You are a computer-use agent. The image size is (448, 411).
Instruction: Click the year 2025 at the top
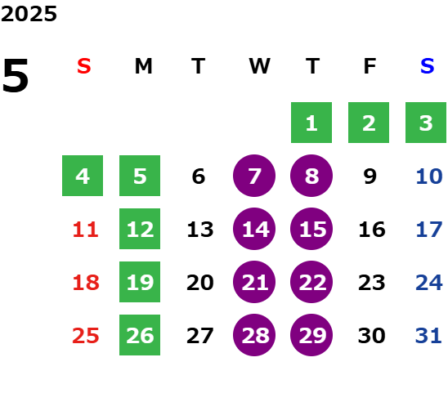[29, 14]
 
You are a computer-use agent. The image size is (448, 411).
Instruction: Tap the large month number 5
[16, 75]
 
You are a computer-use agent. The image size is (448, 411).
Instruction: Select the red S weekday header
[84, 66]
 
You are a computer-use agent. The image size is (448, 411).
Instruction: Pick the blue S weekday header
[427, 66]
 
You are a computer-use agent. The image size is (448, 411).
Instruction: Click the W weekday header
[259, 66]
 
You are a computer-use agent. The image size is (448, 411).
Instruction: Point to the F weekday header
[370, 66]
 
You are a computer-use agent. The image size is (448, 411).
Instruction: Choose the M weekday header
[143, 66]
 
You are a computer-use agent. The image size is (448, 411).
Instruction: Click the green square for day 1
[311, 123]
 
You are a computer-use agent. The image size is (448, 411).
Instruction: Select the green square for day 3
[426, 123]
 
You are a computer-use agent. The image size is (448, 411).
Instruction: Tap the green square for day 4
[83, 176]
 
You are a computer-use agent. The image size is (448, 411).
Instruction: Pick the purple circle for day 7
[254, 176]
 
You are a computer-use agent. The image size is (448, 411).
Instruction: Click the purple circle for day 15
[311, 229]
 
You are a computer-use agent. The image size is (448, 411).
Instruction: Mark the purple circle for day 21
[254, 282]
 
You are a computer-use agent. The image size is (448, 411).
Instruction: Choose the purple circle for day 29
[311, 335]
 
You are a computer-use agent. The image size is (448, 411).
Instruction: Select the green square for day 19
[140, 282]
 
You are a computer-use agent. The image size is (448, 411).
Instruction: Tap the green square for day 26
[140, 335]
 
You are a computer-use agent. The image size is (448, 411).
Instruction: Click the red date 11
[85, 230]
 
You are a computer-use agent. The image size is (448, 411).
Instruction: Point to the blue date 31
[428, 336]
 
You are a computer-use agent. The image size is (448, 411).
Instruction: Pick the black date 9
[370, 176]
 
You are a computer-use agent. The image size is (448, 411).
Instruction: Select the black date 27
[199, 336]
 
